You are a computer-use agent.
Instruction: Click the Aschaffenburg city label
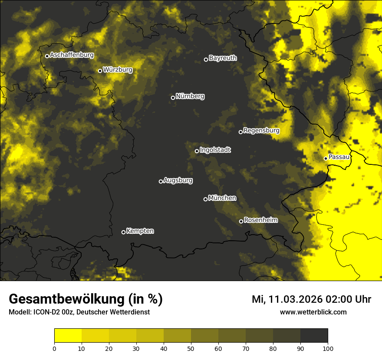pyautogui.click(x=72, y=55)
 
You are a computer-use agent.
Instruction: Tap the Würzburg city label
pyautogui.click(x=118, y=70)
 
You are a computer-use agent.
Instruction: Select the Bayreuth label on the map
pyautogui.click(x=223, y=58)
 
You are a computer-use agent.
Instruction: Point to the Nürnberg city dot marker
pyautogui.click(x=173, y=98)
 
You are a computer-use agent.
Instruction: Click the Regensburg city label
pyautogui.click(x=261, y=131)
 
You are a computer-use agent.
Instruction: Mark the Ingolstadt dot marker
pyautogui.click(x=197, y=151)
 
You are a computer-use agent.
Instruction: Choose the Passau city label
pyautogui.click(x=339, y=157)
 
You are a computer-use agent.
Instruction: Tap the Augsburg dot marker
pyautogui.click(x=161, y=181)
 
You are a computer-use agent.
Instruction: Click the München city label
pyautogui.click(x=222, y=198)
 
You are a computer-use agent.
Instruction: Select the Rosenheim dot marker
pyautogui.click(x=241, y=221)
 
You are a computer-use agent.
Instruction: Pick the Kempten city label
pyautogui.click(x=140, y=231)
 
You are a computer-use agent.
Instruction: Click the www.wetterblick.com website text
pyautogui.click(x=313, y=312)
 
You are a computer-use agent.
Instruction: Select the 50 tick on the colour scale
pyautogui.click(x=191, y=348)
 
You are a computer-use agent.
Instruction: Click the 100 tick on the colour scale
pyautogui.click(x=328, y=348)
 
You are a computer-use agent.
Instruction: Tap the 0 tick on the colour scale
pyautogui.click(x=54, y=348)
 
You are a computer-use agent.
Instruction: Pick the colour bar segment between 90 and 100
pyautogui.click(x=314, y=336)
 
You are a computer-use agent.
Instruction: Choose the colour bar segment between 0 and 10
pyautogui.click(x=68, y=336)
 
